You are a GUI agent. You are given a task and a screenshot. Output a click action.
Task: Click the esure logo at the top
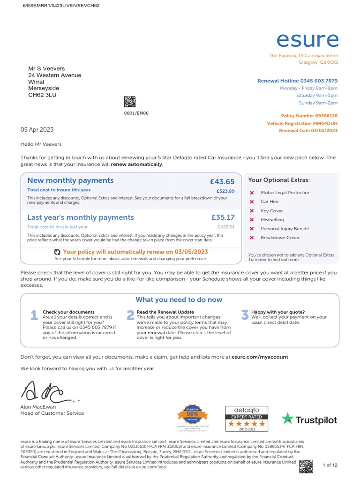pos(307,40)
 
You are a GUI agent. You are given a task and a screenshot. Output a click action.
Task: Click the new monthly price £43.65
pos(222,182)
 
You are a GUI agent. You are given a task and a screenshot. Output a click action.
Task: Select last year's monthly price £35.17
pos(223,217)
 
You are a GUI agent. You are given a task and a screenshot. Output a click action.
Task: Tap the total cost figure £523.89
pos(225,191)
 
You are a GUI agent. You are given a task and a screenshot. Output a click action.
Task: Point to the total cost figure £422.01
pos(225,227)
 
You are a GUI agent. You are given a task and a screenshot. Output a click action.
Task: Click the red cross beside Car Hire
pos(252,202)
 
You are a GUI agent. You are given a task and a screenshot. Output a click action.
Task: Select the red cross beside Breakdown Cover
pos(252,238)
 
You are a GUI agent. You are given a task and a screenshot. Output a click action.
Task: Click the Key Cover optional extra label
pos(272,211)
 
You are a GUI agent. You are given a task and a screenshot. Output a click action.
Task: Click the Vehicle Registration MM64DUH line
pos(302,123)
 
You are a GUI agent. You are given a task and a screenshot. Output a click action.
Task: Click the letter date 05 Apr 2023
pos(37,130)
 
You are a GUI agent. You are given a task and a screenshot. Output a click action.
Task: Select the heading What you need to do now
pos(179,300)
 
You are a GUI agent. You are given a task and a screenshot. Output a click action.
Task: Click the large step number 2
pos(130,315)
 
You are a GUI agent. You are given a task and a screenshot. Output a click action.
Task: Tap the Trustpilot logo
pos(309,420)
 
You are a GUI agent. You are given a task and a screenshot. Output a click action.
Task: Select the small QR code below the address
pos(129,102)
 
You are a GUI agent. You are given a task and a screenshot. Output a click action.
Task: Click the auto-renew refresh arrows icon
pos(57,252)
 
